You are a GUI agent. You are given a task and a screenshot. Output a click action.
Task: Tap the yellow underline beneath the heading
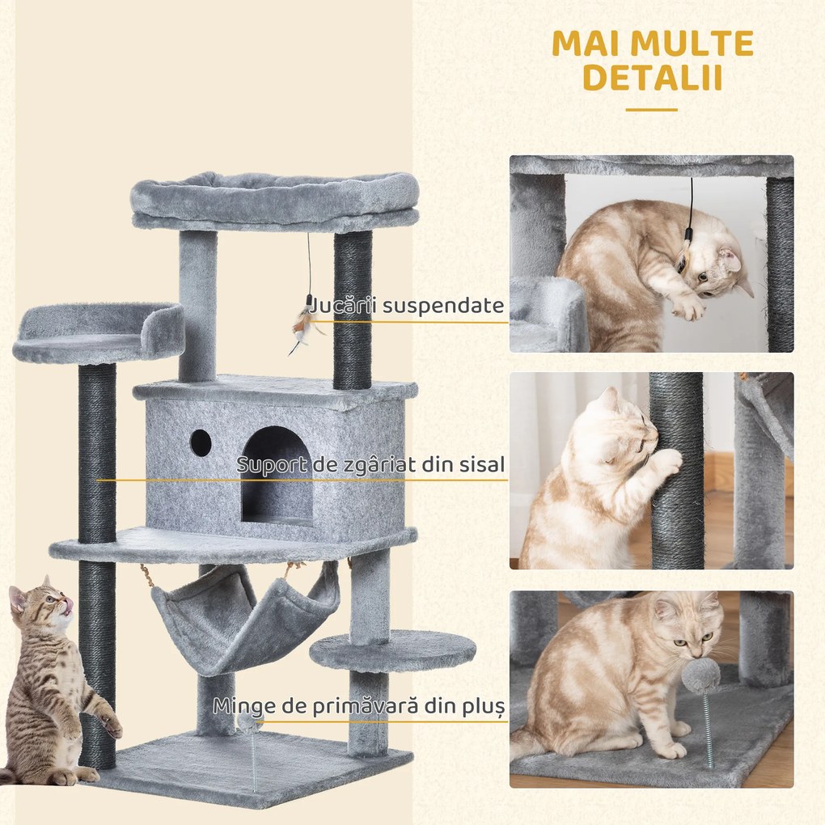(x=651, y=110)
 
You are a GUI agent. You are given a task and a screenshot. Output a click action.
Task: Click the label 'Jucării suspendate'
(x=402, y=306)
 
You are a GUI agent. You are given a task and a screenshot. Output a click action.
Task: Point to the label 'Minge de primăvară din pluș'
(x=359, y=705)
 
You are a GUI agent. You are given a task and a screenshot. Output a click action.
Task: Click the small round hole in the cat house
(x=201, y=442)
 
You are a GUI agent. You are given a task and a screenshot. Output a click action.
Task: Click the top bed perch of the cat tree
(x=275, y=201)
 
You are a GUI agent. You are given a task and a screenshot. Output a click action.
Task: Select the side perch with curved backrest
(x=97, y=332)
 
